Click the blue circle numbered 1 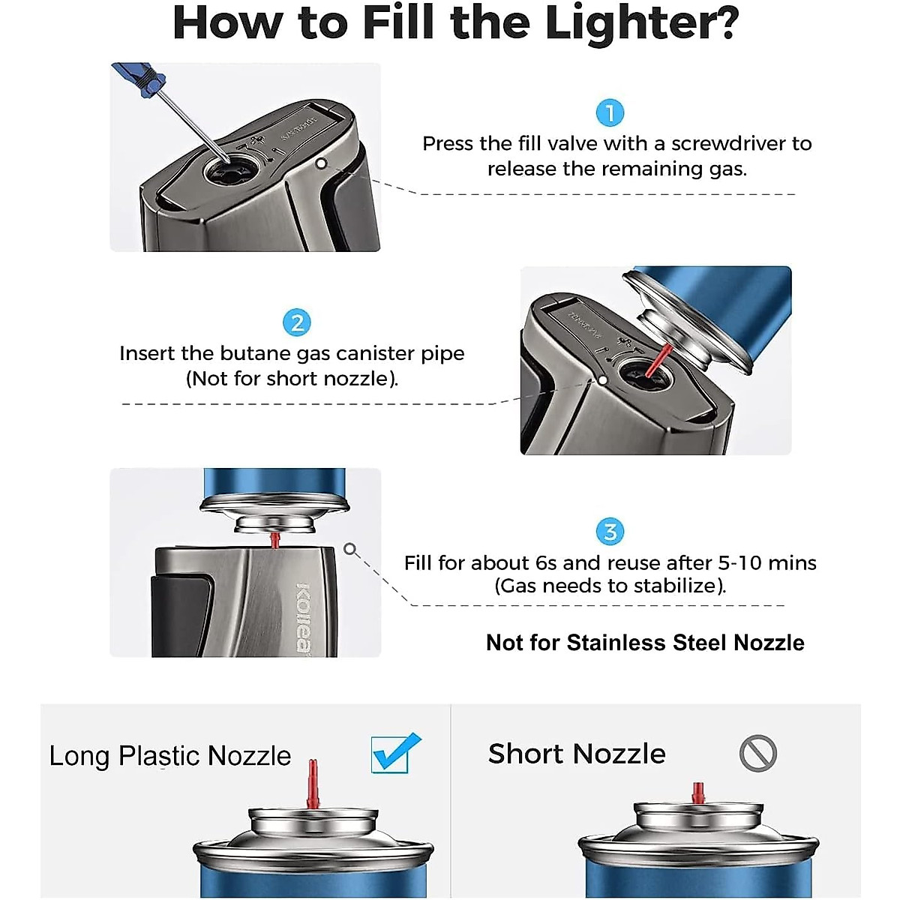click(x=610, y=112)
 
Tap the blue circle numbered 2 click(x=297, y=322)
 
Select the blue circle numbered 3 click(x=610, y=532)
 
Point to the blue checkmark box click(x=395, y=753)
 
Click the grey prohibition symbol click(x=757, y=753)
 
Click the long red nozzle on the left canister click(x=313, y=784)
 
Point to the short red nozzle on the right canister click(x=697, y=793)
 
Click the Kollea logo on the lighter click(x=303, y=617)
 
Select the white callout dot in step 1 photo click(x=321, y=163)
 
